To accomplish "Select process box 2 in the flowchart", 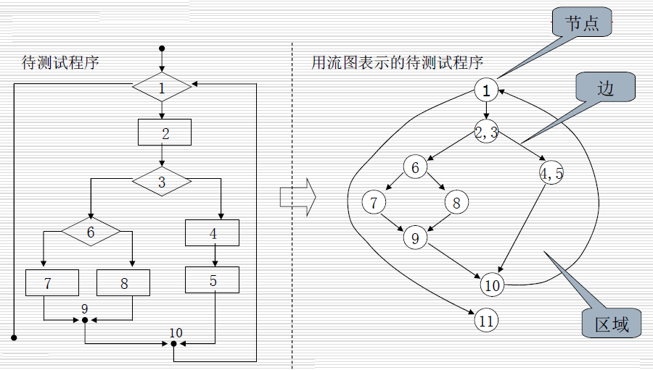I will (165, 133).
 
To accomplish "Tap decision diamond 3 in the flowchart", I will (162, 182).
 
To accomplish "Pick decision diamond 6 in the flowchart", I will (91, 232).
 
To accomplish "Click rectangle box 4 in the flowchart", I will (213, 234).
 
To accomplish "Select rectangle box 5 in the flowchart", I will (213, 279).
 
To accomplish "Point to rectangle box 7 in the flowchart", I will (52, 282).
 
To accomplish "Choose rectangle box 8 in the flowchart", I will (123, 282).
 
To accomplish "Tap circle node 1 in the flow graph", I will (487, 90).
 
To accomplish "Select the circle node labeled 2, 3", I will (486, 131).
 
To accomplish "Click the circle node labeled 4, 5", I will (551, 173).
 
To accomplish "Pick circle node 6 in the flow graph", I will (415, 168).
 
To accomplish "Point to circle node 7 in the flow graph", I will (374, 202).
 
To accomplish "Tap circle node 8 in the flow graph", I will (456, 203).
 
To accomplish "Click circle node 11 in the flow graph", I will (486, 319).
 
